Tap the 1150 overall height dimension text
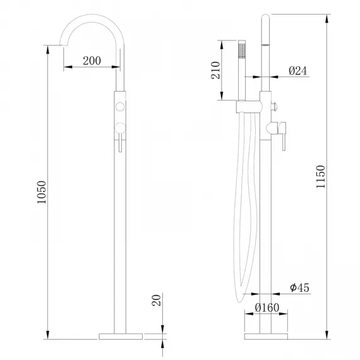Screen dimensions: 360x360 (320, 178)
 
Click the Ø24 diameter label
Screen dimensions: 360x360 (297, 71)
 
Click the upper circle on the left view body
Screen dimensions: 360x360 (119, 104)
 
